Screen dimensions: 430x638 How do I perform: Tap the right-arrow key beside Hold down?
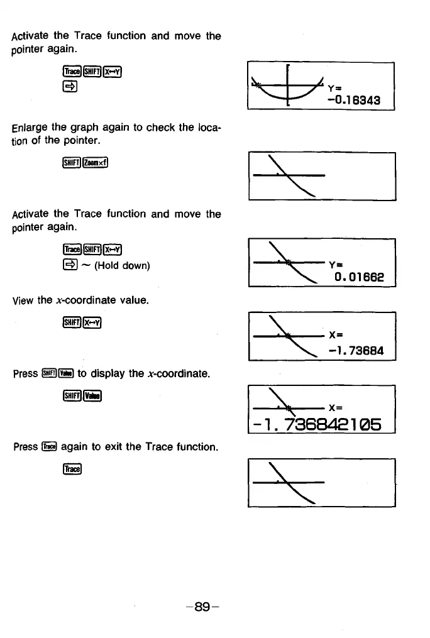pyautogui.click(x=71, y=265)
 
